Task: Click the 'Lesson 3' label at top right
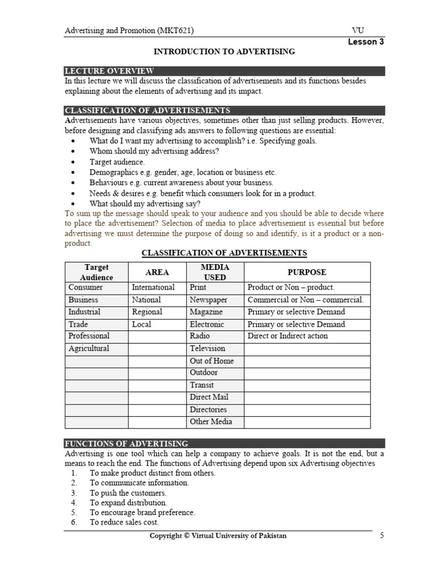point(365,41)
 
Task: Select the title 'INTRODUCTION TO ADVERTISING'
point(224,51)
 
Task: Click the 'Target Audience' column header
point(96,272)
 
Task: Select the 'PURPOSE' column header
point(306,272)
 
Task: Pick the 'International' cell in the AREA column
point(153,287)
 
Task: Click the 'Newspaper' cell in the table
point(208,300)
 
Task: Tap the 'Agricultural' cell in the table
point(88,348)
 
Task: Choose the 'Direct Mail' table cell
point(209,397)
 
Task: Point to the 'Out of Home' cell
point(211,361)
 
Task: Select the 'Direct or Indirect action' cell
point(287,336)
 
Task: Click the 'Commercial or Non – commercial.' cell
point(305,300)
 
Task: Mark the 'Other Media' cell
point(210,421)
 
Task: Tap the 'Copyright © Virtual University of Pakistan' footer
point(218,536)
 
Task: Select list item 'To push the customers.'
point(128,492)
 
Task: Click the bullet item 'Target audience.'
point(117,163)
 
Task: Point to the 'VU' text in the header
point(358,30)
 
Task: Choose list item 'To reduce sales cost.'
point(124,522)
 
